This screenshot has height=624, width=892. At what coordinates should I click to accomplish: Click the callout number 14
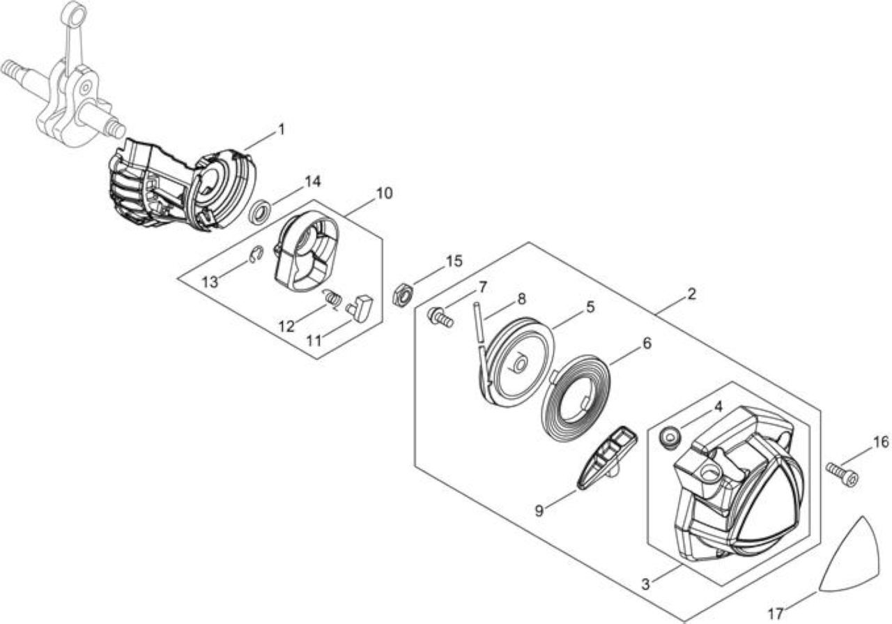(x=312, y=181)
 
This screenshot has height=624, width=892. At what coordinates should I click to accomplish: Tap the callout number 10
(x=384, y=193)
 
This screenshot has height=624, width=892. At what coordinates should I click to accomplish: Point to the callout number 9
(x=539, y=511)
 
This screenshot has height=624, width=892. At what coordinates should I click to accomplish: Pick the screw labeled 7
(x=440, y=317)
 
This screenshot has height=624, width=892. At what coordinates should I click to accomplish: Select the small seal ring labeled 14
(x=261, y=212)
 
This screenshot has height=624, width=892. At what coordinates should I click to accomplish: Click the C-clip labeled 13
(x=256, y=254)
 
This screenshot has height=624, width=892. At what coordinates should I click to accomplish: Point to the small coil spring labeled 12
(x=332, y=299)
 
